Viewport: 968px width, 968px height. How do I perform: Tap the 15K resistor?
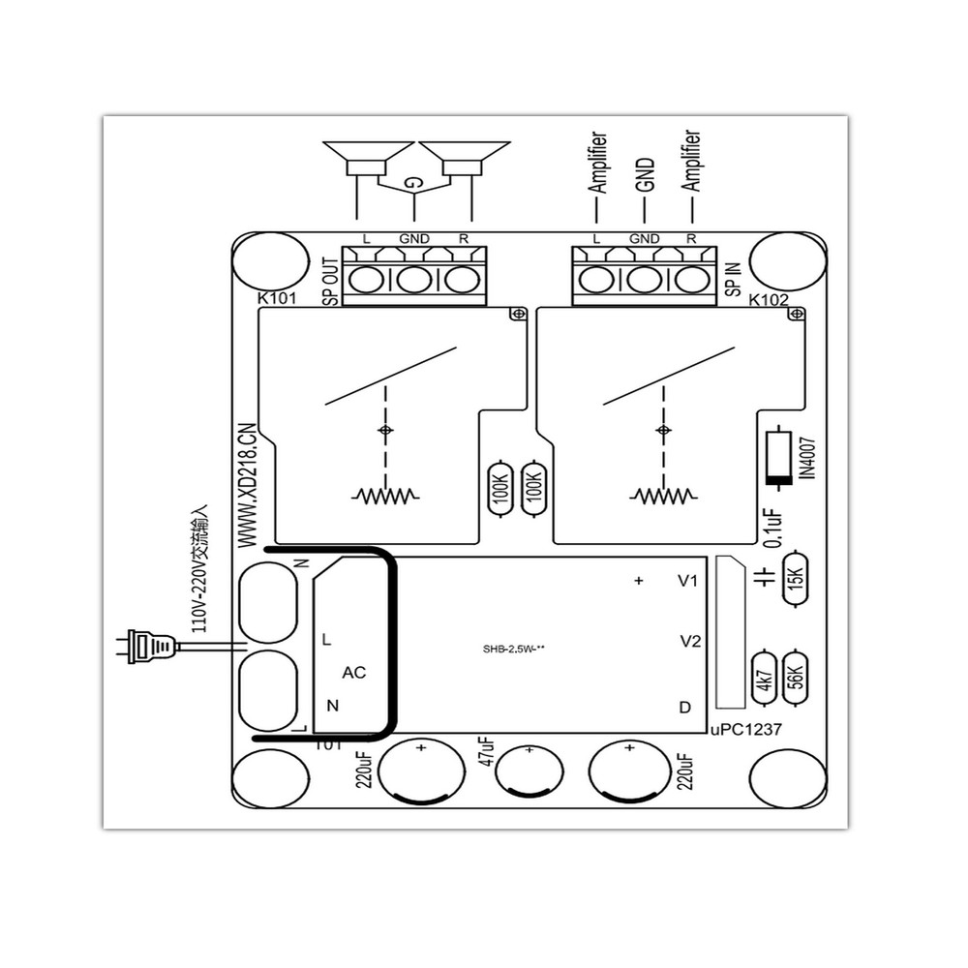click(x=797, y=578)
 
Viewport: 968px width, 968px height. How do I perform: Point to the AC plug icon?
click(x=151, y=646)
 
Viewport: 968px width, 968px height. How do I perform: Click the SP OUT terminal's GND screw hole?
click(x=414, y=280)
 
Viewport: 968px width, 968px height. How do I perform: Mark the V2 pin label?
click(x=689, y=641)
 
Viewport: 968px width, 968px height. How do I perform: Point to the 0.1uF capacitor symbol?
click(x=765, y=578)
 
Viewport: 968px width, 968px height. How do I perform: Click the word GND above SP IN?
click(x=644, y=238)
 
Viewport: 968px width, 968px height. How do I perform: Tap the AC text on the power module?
click(x=354, y=673)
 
